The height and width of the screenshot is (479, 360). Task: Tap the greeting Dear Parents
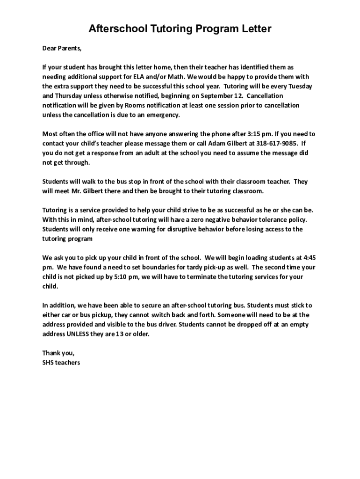(62, 48)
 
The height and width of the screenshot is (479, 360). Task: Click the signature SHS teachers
(61, 363)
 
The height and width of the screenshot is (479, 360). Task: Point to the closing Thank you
(58, 353)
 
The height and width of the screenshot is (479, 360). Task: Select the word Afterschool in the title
(117, 29)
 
